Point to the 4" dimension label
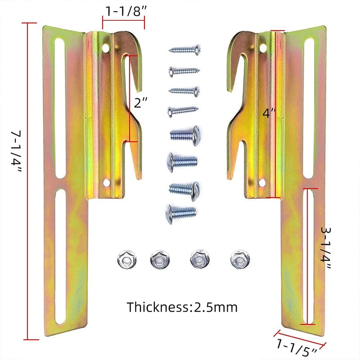pos(268,113)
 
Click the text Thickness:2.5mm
pos(182,307)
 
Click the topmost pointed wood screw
pos(184,50)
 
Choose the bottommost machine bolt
pos(181,211)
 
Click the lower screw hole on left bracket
pos(107,182)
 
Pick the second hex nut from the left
pos(158,258)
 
